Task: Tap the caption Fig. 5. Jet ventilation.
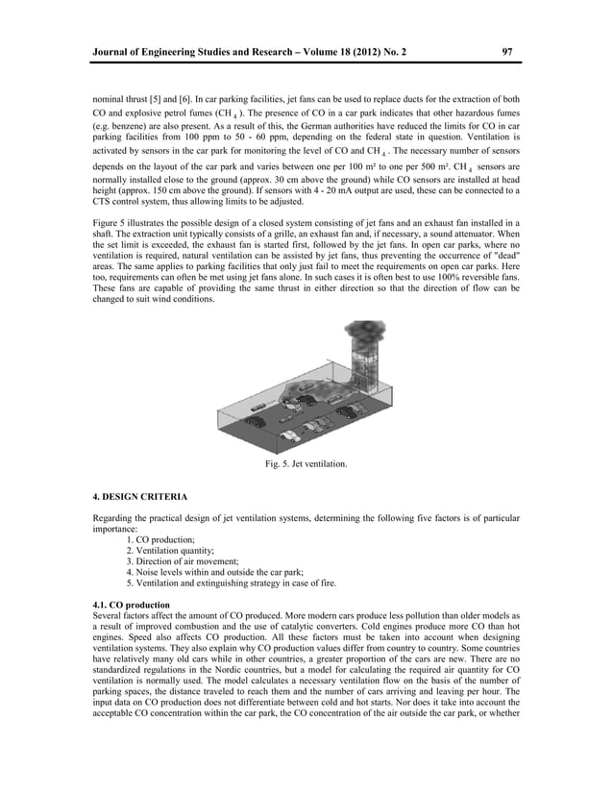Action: pos(306,465)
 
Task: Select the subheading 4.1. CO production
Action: pos(128,603)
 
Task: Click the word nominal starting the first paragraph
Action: pos(109,99)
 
